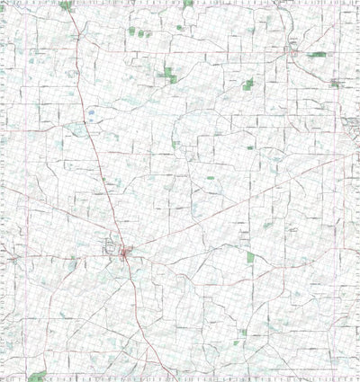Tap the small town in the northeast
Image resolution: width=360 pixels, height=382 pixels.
(x=292, y=52)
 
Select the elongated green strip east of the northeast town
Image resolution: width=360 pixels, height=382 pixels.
(x=317, y=55)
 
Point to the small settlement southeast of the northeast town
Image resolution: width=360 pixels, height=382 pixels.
(x=336, y=83)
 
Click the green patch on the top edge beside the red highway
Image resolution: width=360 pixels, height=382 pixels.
(x=66, y=5)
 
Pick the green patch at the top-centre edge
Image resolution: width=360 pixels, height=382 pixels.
(x=187, y=4)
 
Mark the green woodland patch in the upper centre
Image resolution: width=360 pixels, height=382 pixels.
(x=169, y=76)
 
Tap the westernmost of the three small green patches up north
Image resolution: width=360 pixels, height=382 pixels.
(x=131, y=31)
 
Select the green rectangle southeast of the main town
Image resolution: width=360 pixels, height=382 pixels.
(x=251, y=257)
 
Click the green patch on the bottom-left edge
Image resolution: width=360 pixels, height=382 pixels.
(x=37, y=376)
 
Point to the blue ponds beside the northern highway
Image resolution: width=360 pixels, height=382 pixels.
(x=91, y=113)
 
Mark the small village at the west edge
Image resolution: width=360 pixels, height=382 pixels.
(x=11, y=258)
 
